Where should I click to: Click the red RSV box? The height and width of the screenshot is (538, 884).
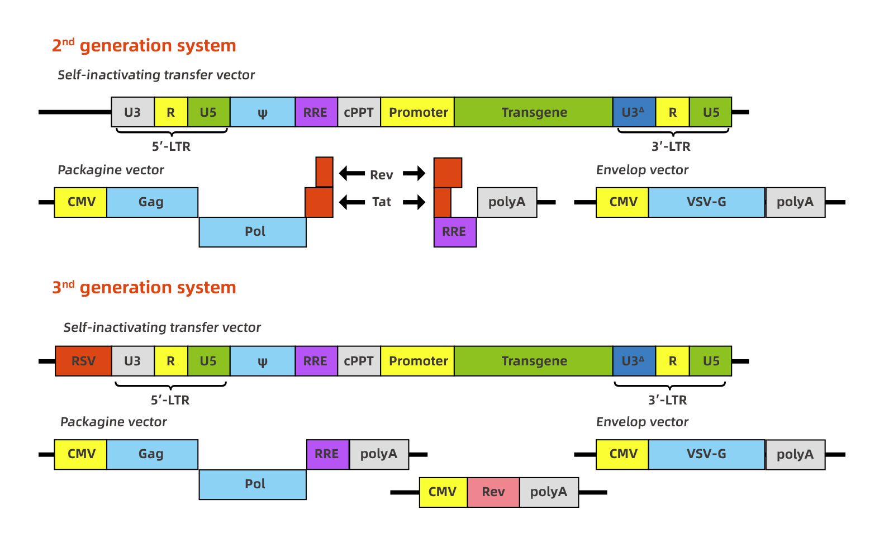point(83,361)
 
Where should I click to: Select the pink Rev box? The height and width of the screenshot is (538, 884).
point(493,492)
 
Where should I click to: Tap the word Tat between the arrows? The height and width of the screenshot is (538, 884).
point(382,202)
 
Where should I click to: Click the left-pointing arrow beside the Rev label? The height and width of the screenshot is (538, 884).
point(352,174)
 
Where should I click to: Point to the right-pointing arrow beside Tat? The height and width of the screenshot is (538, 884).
point(414,202)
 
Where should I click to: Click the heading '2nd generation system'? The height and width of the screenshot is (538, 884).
point(144,45)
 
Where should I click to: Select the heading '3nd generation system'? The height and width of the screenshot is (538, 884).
point(144,287)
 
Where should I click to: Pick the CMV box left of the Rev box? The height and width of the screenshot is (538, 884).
point(443,492)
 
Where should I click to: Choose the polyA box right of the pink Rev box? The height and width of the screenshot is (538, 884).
point(549,492)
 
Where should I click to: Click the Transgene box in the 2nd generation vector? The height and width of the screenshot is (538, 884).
point(534,112)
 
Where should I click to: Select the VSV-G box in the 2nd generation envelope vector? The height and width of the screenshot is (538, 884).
point(706,202)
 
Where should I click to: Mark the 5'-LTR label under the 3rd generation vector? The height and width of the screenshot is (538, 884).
point(170,400)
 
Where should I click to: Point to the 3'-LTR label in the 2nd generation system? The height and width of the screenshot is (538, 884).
point(671,146)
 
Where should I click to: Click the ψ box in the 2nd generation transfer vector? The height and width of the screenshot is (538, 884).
point(263,112)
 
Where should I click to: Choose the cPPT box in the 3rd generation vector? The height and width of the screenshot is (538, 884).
point(359,361)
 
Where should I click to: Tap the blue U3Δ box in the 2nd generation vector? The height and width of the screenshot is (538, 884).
point(634,112)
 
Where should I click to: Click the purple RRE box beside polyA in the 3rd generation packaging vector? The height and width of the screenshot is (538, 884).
point(327,454)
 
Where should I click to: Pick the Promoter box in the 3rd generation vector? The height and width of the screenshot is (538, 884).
point(417,361)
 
